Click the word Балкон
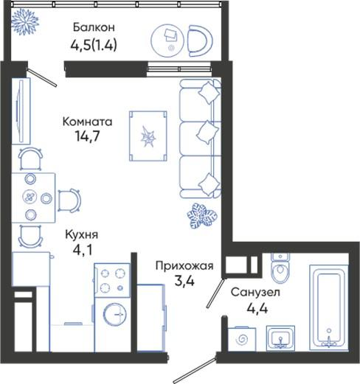[x=94, y=27]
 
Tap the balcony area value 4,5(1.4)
[x=94, y=45]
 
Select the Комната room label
[x=88, y=122]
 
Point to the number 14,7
[x=88, y=136]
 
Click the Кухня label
[x=82, y=235]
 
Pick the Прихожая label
[x=184, y=266]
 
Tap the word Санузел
[x=255, y=293]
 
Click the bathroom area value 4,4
[x=257, y=308]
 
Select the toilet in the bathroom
[x=280, y=268]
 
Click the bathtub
[x=329, y=307]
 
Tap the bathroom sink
[x=280, y=338]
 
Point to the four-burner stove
[x=112, y=280]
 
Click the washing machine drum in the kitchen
[x=115, y=315]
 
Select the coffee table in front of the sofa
[x=148, y=136]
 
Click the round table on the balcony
[x=167, y=41]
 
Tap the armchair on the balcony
[x=200, y=41]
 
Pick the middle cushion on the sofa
[x=208, y=132]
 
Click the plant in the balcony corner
[x=25, y=21]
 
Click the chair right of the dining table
[x=69, y=200]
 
